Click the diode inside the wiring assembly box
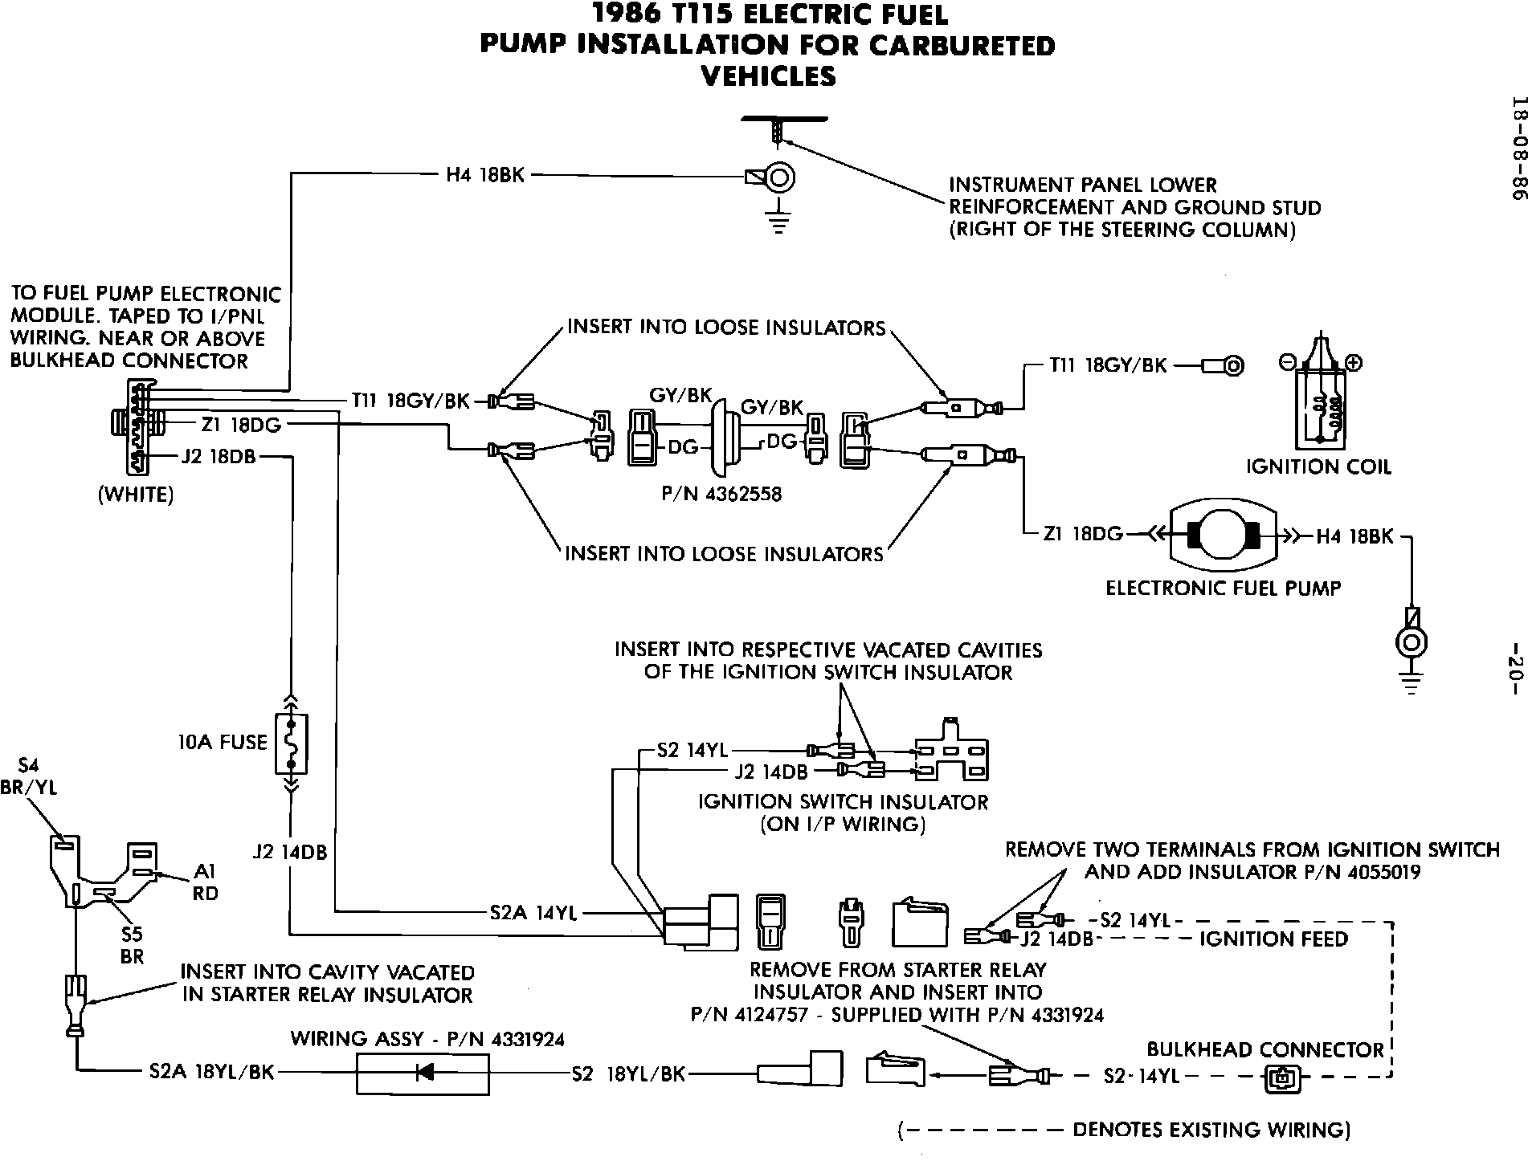pyautogui.click(x=423, y=1072)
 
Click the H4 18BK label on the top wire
pyautogui.click(x=485, y=174)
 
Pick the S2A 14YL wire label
pyautogui.click(x=533, y=913)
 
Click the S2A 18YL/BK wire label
pyautogui.click(x=212, y=1072)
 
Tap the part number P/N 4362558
pyautogui.click(x=721, y=494)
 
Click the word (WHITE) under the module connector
pyautogui.click(x=136, y=495)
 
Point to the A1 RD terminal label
pyautogui.click(x=206, y=882)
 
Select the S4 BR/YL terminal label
pyautogui.click(x=29, y=776)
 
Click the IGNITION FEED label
pyautogui.click(x=1273, y=939)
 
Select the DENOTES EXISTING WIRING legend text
pyautogui.click(x=1211, y=1130)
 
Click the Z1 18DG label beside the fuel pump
pyautogui.click(x=1083, y=534)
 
